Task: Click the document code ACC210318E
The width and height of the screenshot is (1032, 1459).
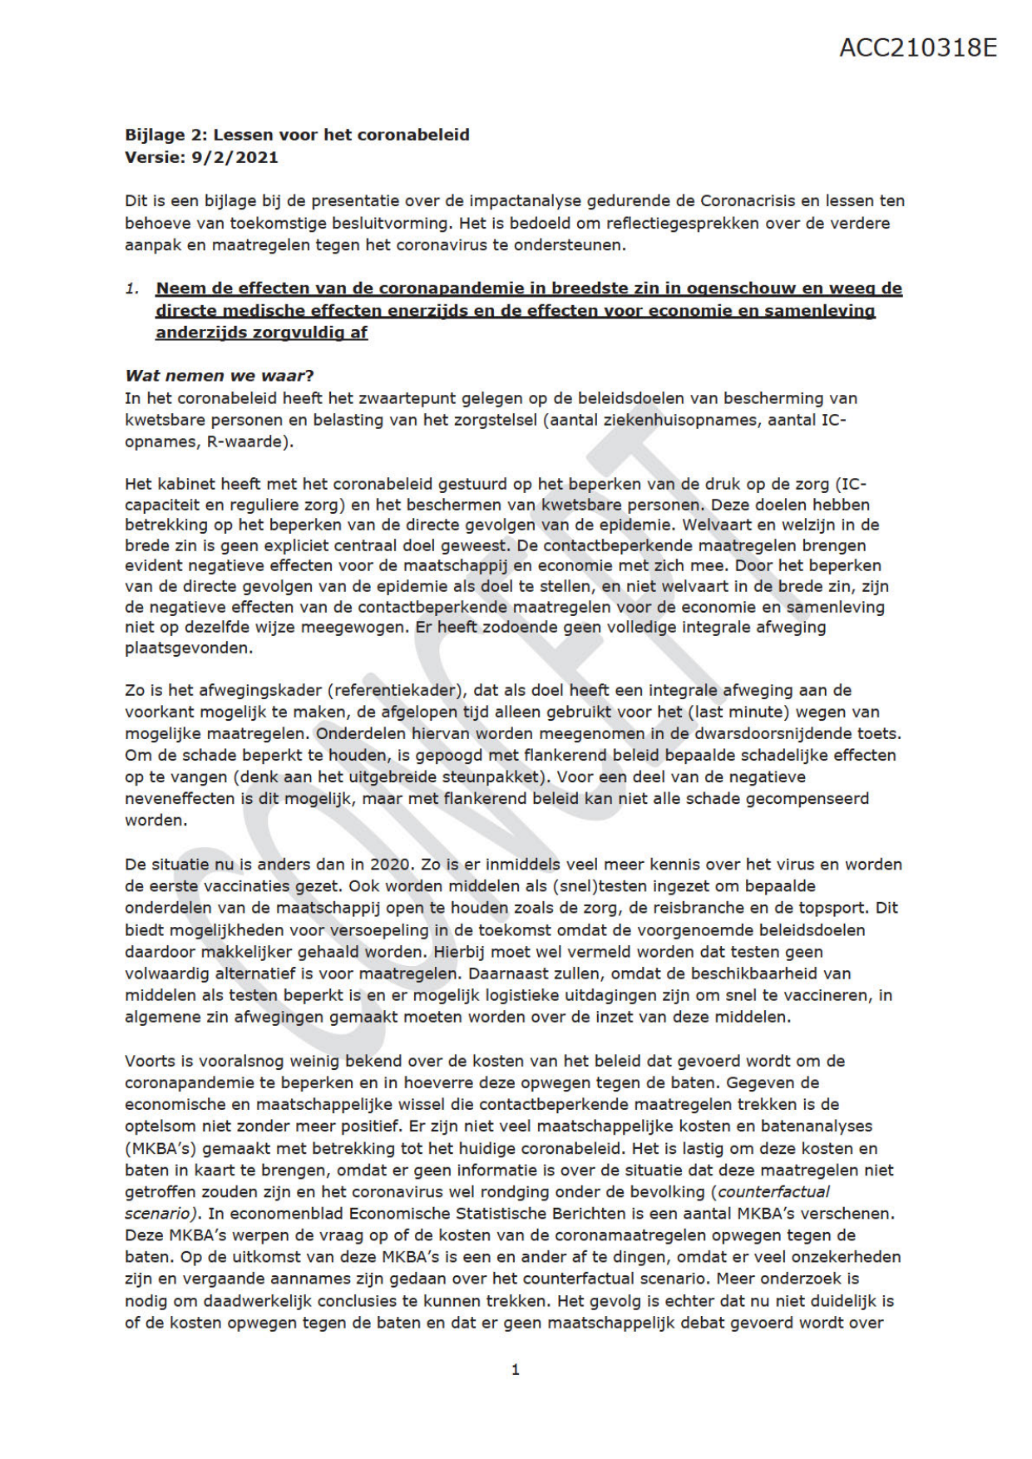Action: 917,47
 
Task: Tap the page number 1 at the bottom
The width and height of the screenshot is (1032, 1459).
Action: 516,1369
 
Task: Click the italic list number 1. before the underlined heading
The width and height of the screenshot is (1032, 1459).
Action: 133,288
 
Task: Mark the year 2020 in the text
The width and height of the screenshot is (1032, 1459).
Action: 390,865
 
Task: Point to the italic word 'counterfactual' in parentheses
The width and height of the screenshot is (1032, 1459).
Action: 773,1192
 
